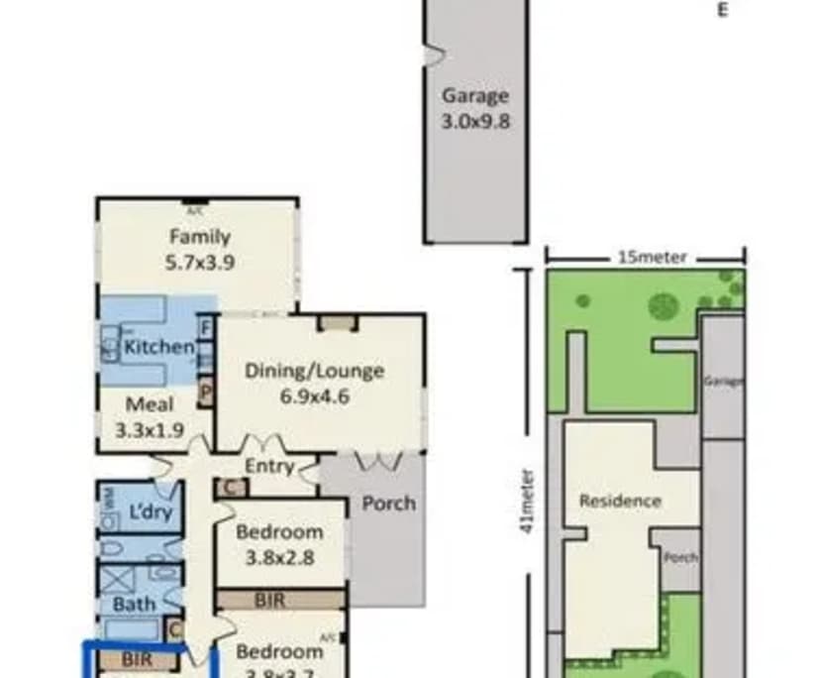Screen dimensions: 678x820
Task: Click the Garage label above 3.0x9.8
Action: (x=475, y=96)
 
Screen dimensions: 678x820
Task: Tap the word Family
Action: (x=199, y=237)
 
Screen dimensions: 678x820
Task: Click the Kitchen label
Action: (x=158, y=347)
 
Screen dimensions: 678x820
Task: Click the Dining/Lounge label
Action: (x=314, y=372)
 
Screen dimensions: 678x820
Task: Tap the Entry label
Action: (x=268, y=466)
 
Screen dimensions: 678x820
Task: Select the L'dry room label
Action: (x=152, y=512)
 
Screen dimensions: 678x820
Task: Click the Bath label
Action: (x=134, y=603)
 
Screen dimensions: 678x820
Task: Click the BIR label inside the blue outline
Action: (x=138, y=657)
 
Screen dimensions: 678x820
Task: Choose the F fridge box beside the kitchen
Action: (x=206, y=326)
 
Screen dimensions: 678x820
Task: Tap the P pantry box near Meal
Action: (x=206, y=393)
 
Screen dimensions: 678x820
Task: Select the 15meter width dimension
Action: (x=652, y=258)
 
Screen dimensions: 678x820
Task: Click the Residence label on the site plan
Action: (x=620, y=501)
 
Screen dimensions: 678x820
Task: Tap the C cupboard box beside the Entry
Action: (x=230, y=487)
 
